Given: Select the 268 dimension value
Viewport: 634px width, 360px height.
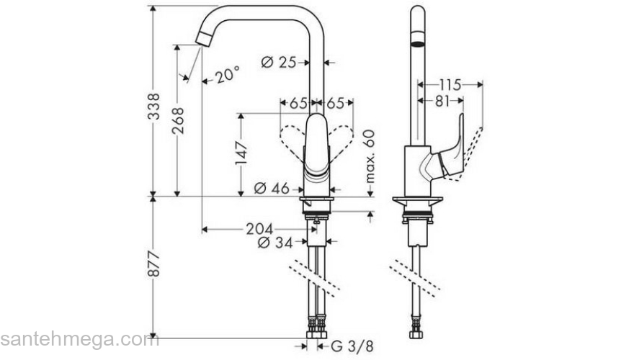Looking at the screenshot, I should coord(178,126).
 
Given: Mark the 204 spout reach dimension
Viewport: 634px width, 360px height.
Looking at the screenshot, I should coord(259,229).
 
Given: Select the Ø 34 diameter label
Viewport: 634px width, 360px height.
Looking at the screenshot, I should coord(275,243).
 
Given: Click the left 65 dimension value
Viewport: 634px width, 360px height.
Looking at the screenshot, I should coord(297,103).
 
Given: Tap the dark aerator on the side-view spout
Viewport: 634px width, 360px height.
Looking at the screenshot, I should coord(416,38).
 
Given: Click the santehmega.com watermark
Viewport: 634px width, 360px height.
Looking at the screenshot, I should coord(79,338).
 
